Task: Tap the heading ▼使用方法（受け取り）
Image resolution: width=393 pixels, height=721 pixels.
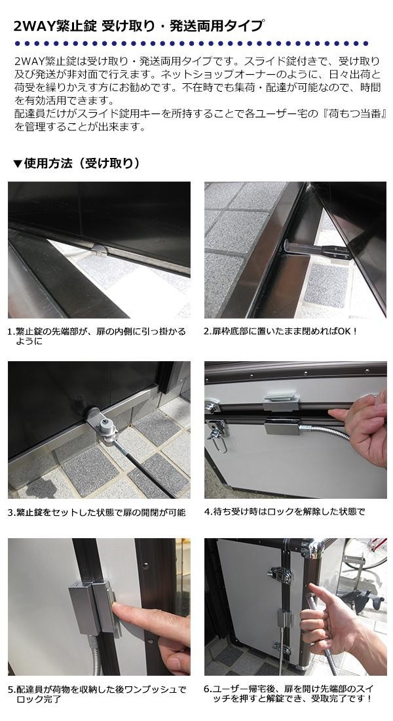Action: [76, 163]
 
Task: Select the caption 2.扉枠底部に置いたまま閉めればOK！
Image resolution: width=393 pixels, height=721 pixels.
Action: [280, 331]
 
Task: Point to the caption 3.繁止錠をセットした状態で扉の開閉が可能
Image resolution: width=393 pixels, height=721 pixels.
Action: [97, 512]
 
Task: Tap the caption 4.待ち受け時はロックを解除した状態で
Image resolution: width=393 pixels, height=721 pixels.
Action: [284, 511]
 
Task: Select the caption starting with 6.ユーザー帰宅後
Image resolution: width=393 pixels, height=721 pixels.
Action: [289, 693]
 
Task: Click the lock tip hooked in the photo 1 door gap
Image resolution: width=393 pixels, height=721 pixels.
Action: [100, 250]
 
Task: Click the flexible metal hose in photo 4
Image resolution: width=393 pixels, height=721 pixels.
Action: [325, 433]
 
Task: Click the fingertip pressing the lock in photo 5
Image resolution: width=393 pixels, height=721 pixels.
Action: [119, 610]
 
